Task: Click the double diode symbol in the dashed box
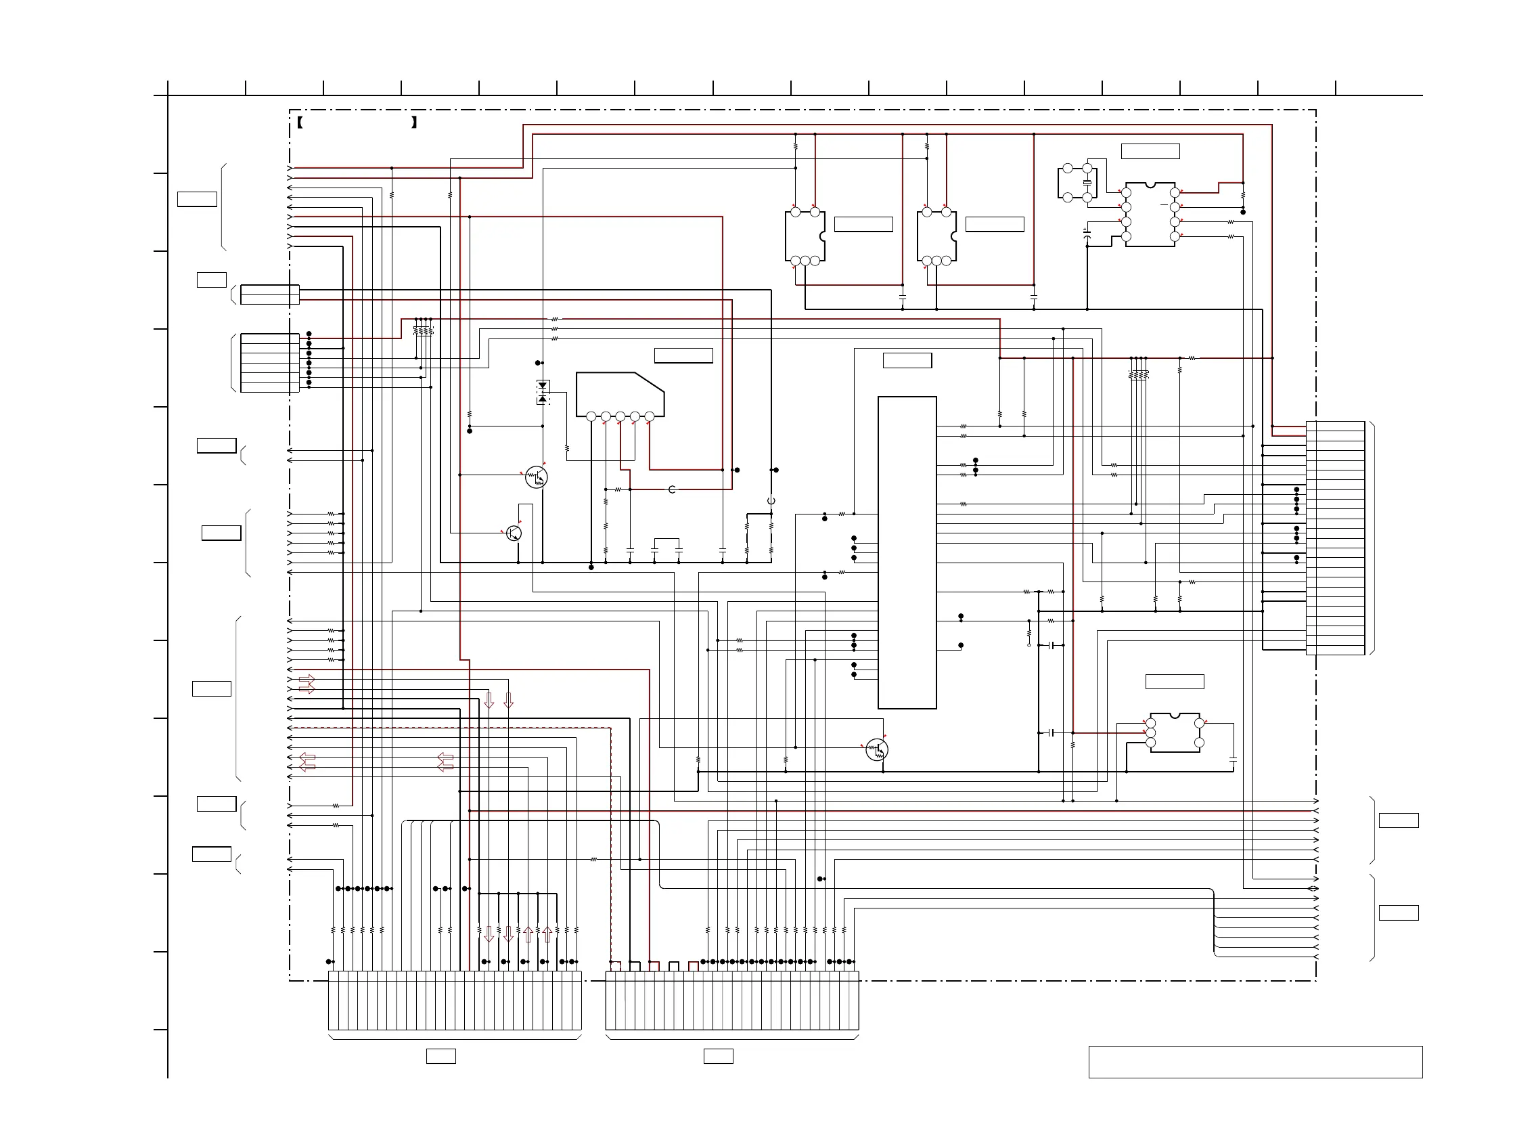pos(543,392)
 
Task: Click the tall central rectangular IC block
pos(907,552)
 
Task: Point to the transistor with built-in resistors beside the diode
pos(537,477)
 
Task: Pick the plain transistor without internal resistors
pos(514,533)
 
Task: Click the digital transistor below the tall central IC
pos(877,749)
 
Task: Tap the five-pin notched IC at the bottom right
pos(1175,732)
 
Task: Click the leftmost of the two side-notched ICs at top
pos(805,236)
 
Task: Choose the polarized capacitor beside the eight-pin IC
pos(1087,234)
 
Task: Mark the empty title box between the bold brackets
pos(357,123)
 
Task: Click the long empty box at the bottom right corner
pos(1254,1062)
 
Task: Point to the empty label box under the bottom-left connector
pos(440,1056)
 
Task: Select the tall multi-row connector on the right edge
pos(1335,538)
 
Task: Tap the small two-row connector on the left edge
pos(270,294)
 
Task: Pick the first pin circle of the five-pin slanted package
pos(591,416)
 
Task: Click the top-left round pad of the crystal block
pos(1067,169)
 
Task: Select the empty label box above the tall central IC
pos(907,360)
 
